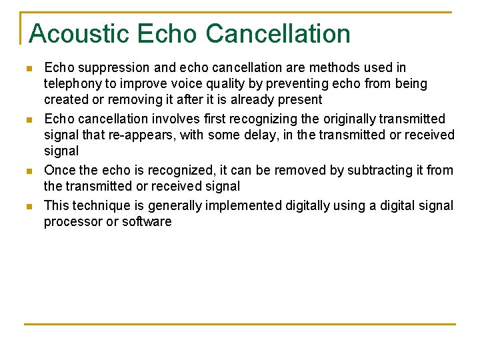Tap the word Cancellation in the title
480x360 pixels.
(x=279, y=33)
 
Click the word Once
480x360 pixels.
(x=59, y=170)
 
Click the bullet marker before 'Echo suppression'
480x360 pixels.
(x=27, y=69)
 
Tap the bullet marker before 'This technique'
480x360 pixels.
(x=27, y=207)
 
